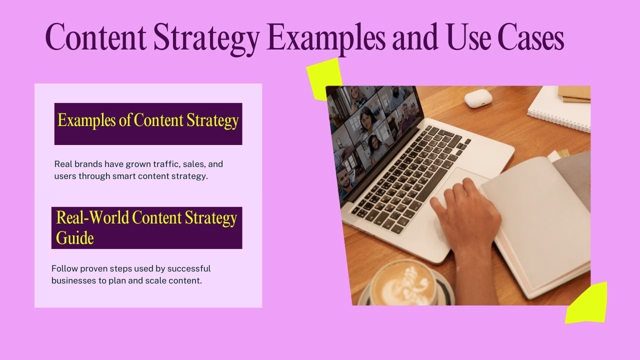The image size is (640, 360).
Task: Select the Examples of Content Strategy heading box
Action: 148,123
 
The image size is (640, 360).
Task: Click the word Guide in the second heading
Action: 75,237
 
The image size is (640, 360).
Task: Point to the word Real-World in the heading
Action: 92,218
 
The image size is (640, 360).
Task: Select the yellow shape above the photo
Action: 324,77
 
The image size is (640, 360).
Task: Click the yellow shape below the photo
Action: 587,304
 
